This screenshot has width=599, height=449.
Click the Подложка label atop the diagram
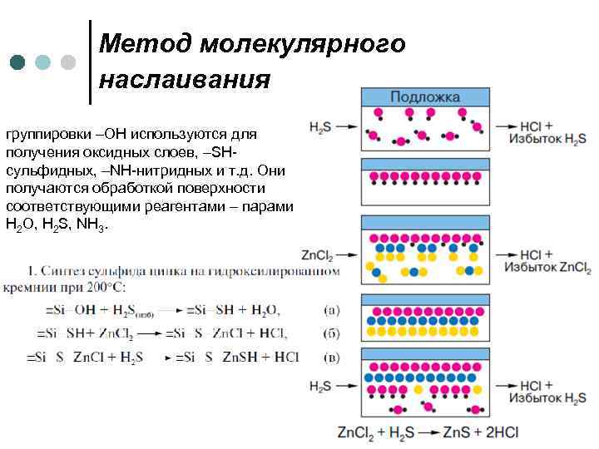click(x=424, y=97)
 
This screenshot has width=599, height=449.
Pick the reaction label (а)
click(x=331, y=310)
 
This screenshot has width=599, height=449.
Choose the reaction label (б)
click(x=331, y=333)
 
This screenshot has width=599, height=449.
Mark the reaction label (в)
click(x=331, y=358)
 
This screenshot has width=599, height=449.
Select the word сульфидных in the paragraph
click(x=45, y=171)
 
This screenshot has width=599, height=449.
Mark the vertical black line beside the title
click(x=89, y=62)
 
